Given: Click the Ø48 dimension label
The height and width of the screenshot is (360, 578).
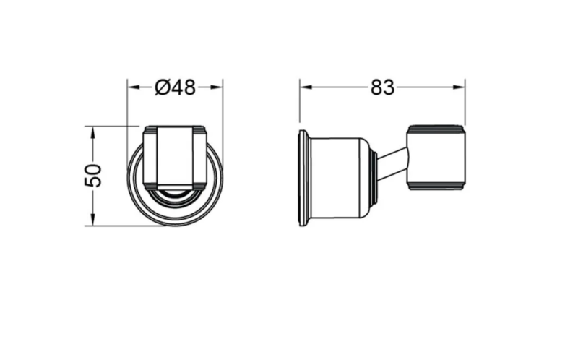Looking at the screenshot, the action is [175, 87].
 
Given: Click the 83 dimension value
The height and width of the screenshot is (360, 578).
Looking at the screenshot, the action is [382, 87].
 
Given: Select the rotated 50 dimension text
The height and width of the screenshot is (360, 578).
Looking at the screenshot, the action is [93, 176].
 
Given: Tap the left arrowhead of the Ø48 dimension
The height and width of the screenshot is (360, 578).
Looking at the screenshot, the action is [134, 87].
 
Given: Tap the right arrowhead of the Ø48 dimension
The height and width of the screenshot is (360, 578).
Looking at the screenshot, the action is [216, 87].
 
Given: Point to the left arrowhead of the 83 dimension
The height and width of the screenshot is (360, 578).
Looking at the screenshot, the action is [306, 87].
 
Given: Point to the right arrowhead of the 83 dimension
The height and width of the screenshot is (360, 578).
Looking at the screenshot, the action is [458, 87].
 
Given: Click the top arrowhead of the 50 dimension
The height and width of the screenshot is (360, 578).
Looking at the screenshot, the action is [93, 133].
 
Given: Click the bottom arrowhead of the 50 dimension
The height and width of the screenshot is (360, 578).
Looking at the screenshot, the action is [93, 219].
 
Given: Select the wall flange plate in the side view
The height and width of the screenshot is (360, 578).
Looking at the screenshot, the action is [303, 178].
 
